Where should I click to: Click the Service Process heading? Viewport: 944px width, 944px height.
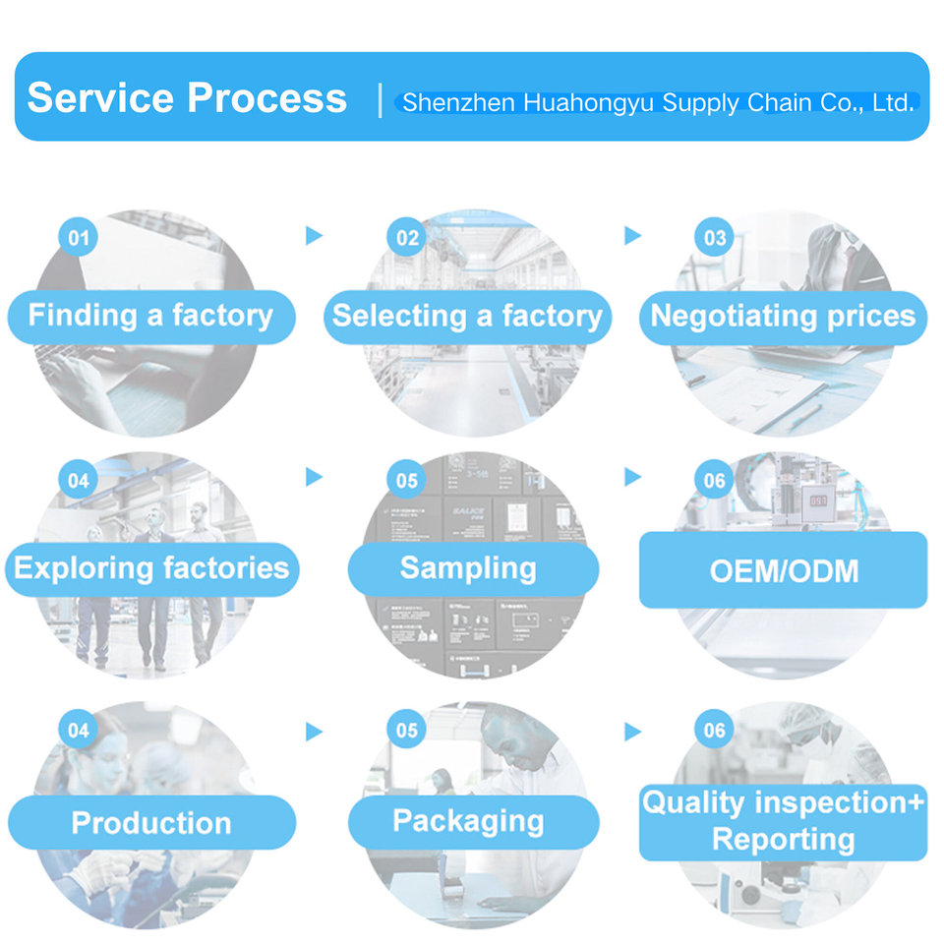point(187,98)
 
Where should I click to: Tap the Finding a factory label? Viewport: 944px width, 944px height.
point(150,316)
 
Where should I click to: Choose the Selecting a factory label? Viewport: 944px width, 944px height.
point(467,316)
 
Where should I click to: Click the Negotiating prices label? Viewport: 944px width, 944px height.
point(783,316)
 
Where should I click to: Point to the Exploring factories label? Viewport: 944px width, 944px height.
point(151,568)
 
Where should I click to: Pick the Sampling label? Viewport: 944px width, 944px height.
point(468,568)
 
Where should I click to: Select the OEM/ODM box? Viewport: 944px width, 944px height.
point(783,570)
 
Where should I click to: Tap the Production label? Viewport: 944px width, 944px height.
point(151,823)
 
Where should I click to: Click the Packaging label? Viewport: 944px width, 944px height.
point(468,821)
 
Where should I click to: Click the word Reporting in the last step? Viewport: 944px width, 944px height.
point(783,840)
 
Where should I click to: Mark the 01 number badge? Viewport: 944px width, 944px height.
point(79,238)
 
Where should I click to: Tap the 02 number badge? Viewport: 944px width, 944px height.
point(408,238)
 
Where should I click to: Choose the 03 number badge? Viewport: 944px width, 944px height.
point(715,238)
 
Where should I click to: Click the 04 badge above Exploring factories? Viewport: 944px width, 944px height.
point(79,480)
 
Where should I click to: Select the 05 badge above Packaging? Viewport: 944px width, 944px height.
point(408,731)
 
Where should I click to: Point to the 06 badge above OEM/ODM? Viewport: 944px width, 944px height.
point(715,480)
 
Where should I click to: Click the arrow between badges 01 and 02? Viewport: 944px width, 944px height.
point(314,235)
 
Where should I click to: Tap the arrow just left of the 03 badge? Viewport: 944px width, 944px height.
point(632,235)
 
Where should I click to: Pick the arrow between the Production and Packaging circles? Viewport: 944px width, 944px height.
point(314,732)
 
